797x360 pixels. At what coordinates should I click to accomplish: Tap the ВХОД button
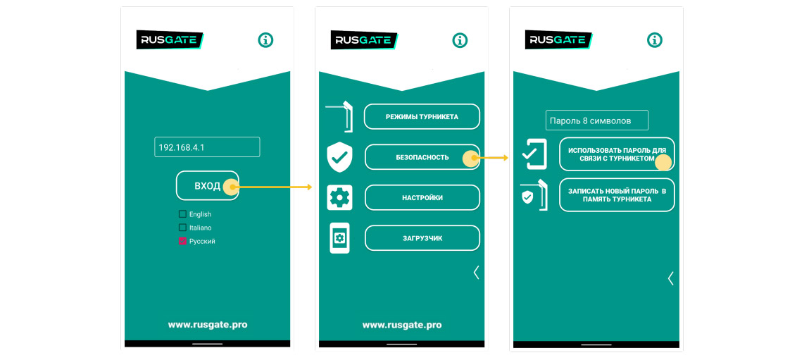point(207,186)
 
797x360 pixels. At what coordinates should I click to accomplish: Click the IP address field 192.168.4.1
point(207,147)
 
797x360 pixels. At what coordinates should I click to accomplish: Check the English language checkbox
point(182,214)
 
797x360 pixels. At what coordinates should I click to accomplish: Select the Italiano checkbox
point(182,228)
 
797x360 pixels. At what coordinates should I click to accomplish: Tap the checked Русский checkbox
point(182,241)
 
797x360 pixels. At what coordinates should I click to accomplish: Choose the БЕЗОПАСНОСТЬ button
point(422,157)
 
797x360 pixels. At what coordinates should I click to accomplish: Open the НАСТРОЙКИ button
point(422,198)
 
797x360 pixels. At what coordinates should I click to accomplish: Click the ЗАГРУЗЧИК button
point(422,238)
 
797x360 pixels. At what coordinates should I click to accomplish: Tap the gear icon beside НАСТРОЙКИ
point(339,198)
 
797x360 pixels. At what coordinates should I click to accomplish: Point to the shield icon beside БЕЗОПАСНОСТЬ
point(339,157)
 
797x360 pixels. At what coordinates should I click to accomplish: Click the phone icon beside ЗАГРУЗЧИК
point(339,238)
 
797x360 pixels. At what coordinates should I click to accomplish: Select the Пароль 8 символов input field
point(596,120)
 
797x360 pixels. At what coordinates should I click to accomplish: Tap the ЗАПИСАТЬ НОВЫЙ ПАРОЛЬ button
point(616,195)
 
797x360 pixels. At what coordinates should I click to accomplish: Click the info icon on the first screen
point(265,40)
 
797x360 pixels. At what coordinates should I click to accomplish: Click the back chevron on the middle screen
point(477,273)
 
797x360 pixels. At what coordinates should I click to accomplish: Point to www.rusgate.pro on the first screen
point(207,325)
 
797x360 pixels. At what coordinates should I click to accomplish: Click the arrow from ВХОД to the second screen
point(275,187)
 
